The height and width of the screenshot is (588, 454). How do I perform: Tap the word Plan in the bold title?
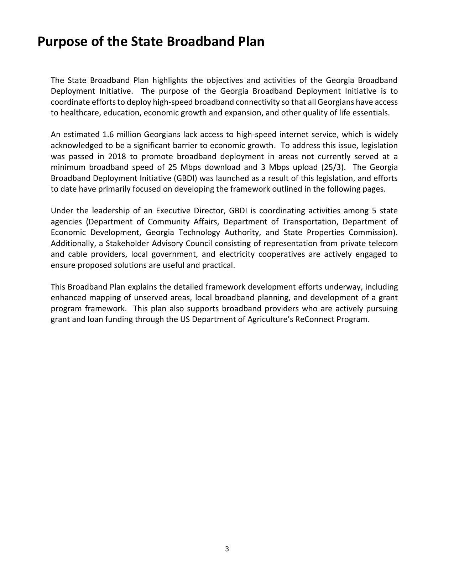tap(251, 42)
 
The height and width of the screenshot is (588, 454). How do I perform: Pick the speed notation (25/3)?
tap(333, 167)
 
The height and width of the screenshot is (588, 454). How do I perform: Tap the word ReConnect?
tap(314, 319)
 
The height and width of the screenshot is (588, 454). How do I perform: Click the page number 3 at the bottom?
tap(227, 549)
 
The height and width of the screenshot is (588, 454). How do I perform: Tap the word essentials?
tap(371, 113)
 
